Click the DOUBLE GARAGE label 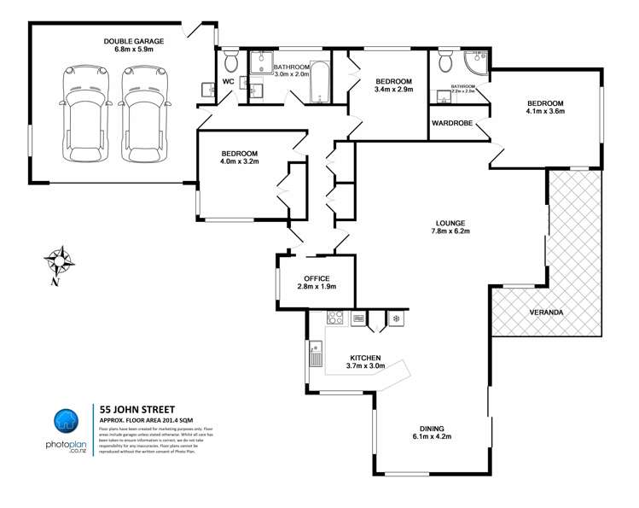click(x=134, y=41)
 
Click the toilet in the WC click(x=229, y=61)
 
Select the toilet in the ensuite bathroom click(x=444, y=61)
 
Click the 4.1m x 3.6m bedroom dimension click(x=545, y=111)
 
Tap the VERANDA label click(x=546, y=312)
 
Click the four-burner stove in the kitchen click(x=334, y=319)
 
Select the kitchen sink click(x=315, y=352)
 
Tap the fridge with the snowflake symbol click(x=397, y=319)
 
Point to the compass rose click(x=58, y=260)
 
